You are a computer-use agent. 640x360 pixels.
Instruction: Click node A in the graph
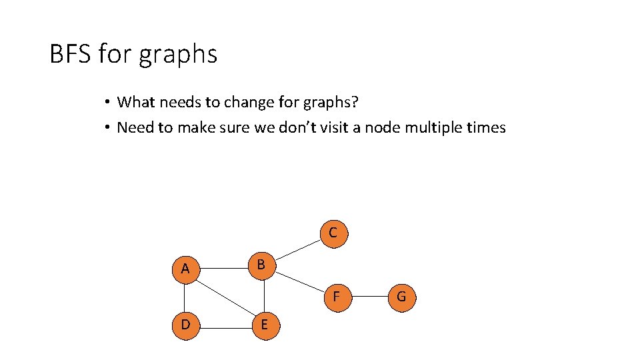coord(185,269)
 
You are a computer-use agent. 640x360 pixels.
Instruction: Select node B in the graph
coord(261,265)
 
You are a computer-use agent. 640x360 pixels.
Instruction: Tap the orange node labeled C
coord(333,233)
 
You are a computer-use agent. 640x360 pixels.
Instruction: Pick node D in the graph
coord(185,325)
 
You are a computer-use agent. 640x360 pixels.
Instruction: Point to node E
coord(265,325)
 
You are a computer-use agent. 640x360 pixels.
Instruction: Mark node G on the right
coord(401,297)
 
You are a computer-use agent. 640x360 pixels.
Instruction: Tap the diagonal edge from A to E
coord(225,297)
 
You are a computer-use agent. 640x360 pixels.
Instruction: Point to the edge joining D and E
coord(225,325)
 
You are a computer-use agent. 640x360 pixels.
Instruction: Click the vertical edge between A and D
coord(186,297)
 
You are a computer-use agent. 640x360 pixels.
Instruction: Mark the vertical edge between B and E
coord(264,295)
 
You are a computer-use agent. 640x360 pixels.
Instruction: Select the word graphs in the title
coord(178,55)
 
